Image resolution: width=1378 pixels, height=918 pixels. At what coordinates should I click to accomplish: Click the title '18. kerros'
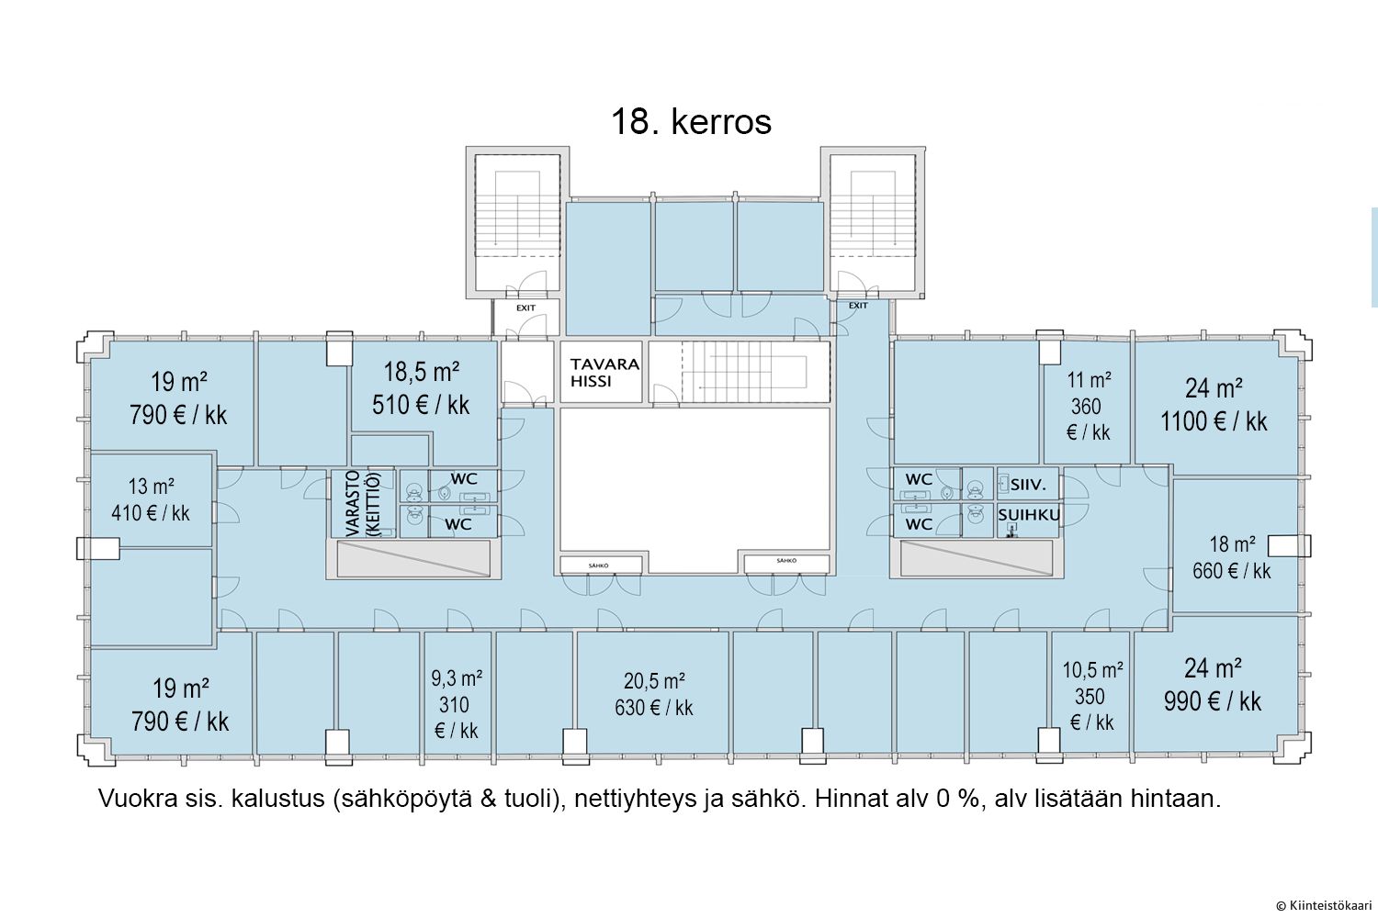click(x=691, y=121)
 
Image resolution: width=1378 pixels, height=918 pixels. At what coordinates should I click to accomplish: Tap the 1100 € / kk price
click(x=1214, y=421)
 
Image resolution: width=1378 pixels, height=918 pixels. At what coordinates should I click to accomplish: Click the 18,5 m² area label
click(x=422, y=372)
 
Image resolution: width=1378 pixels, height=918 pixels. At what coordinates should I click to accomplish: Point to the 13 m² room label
click(x=151, y=487)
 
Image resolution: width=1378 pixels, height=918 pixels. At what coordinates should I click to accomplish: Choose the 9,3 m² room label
click(x=457, y=678)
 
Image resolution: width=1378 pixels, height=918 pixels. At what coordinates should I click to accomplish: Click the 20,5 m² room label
click(x=654, y=680)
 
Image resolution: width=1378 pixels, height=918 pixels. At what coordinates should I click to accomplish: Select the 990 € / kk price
click(x=1213, y=701)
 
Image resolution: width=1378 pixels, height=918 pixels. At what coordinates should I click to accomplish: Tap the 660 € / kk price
click(x=1232, y=571)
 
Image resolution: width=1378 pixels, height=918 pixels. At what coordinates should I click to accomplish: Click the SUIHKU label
click(x=1029, y=515)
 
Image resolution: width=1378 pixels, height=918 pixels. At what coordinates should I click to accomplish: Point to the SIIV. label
click(x=1028, y=485)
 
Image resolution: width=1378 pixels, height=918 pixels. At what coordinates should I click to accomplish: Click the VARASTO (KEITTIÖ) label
click(x=363, y=503)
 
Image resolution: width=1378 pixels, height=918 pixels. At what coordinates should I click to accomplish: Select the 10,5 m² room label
click(x=1092, y=670)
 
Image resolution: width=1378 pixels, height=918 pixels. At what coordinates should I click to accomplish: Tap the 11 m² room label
click(x=1089, y=380)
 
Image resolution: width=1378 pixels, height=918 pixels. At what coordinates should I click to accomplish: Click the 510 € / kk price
click(x=421, y=405)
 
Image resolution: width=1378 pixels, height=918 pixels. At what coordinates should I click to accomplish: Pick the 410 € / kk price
click(x=151, y=513)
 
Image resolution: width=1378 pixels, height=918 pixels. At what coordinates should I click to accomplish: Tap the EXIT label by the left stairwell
click(x=525, y=308)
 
